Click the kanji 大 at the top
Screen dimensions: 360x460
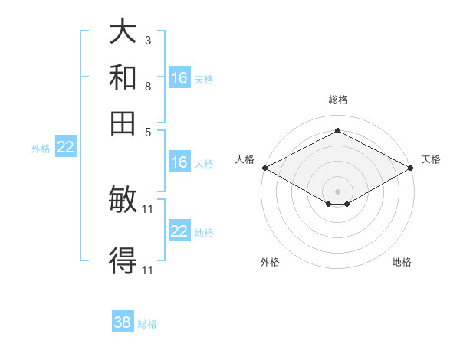click(123, 32)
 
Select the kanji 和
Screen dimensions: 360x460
click(123, 78)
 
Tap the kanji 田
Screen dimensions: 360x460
click(123, 123)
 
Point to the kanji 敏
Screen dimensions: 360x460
click(123, 201)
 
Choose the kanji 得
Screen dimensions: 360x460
click(123, 260)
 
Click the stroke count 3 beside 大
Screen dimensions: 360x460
click(147, 39)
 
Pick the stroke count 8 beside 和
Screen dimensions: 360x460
click(147, 86)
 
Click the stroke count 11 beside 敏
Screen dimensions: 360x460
click(149, 208)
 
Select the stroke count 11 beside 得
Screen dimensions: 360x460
click(149, 269)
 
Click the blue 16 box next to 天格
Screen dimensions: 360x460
click(179, 78)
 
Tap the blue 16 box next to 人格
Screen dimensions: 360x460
click(179, 162)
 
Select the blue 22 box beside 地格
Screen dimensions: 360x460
click(179, 231)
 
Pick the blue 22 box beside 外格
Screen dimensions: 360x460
click(66, 148)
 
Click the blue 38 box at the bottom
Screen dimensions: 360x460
click(123, 322)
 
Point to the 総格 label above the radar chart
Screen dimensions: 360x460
click(337, 100)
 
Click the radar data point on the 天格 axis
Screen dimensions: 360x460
click(412, 168)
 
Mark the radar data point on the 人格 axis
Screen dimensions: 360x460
click(264, 168)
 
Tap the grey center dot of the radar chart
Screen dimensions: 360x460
click(337, 191)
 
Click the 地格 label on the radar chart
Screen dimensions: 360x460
click(402, 262)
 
